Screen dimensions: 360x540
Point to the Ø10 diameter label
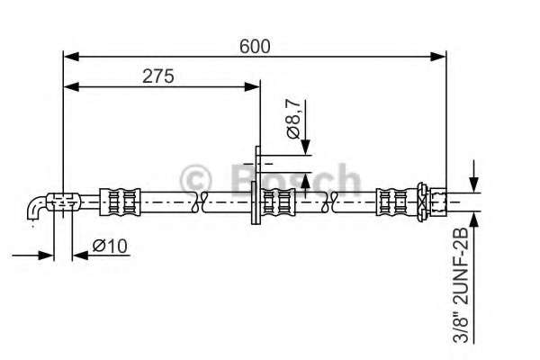point(109,245)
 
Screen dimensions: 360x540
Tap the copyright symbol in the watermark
point(196,178)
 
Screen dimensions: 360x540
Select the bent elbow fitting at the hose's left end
point(36,208)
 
